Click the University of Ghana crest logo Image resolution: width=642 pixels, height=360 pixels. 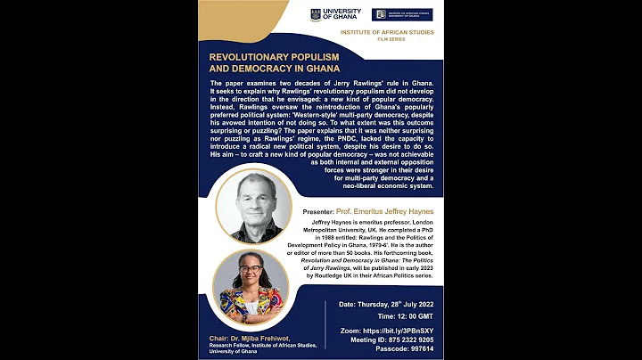coord(315,15)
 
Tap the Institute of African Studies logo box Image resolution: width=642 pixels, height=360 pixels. coord(402,14)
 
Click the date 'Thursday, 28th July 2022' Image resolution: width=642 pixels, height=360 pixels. coord(407,304)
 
